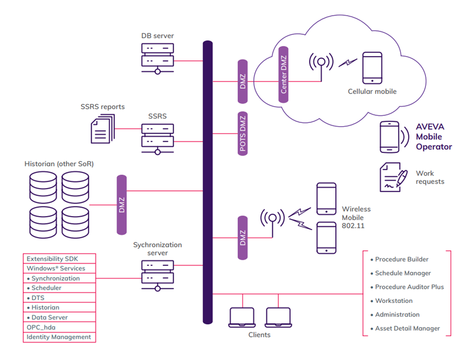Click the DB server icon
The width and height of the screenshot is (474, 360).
coord(157,59)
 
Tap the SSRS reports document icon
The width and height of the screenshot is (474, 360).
coord(99,129)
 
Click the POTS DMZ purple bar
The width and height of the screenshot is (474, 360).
coord(242,134)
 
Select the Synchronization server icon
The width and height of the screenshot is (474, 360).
coord(157,274)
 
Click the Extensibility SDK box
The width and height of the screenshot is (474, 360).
coord(59,259)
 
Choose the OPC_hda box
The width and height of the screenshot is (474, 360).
coord(59,327)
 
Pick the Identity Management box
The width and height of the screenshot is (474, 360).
coord(59,337)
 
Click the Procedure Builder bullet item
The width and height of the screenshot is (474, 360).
coord(402,259)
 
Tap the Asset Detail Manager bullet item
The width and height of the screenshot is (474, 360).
coord(407,328)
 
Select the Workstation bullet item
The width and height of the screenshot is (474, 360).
coord(394,301)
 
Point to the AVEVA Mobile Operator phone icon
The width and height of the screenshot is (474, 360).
coord(390,137)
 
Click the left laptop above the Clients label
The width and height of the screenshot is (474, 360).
coord(242,317)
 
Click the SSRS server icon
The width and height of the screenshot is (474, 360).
coord(157,137)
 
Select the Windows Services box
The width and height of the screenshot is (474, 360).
coord(59,268)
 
